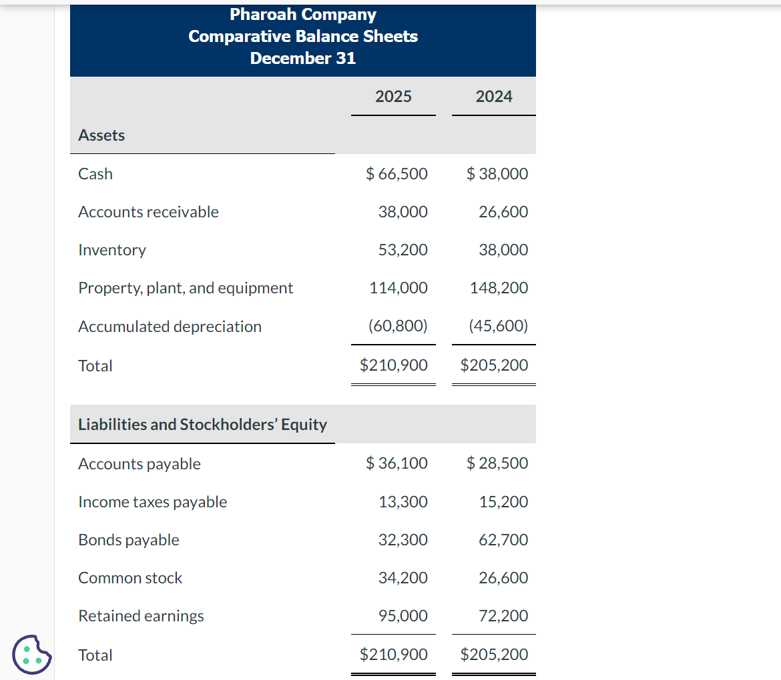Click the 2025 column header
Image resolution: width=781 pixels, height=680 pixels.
[393, 97]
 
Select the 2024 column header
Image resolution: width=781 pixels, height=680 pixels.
[494, 97]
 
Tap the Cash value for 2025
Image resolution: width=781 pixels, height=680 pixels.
[397, 174]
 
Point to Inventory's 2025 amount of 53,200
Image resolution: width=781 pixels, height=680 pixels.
[403, 250]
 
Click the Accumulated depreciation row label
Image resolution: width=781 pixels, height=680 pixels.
[170, 327]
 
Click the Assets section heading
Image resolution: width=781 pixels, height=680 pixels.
[101, 135]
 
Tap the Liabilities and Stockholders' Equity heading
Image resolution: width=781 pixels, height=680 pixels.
[202, 425]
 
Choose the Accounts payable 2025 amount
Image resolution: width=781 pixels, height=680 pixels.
[397, 463]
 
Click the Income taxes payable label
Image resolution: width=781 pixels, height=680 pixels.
[152, 502]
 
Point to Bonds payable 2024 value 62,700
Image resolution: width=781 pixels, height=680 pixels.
[503, 540]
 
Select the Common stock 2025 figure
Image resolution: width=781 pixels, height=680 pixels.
[403, 578]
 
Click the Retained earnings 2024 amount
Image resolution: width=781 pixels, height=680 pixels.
[503, 616]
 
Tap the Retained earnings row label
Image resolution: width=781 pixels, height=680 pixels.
[141, 616]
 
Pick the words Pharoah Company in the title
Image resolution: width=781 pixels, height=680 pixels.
[303, 14]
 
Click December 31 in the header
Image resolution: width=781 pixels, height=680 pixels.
[303, 58]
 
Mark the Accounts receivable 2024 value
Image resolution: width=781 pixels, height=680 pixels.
[503, 212]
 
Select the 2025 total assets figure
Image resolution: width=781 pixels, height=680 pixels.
[394, 365]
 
